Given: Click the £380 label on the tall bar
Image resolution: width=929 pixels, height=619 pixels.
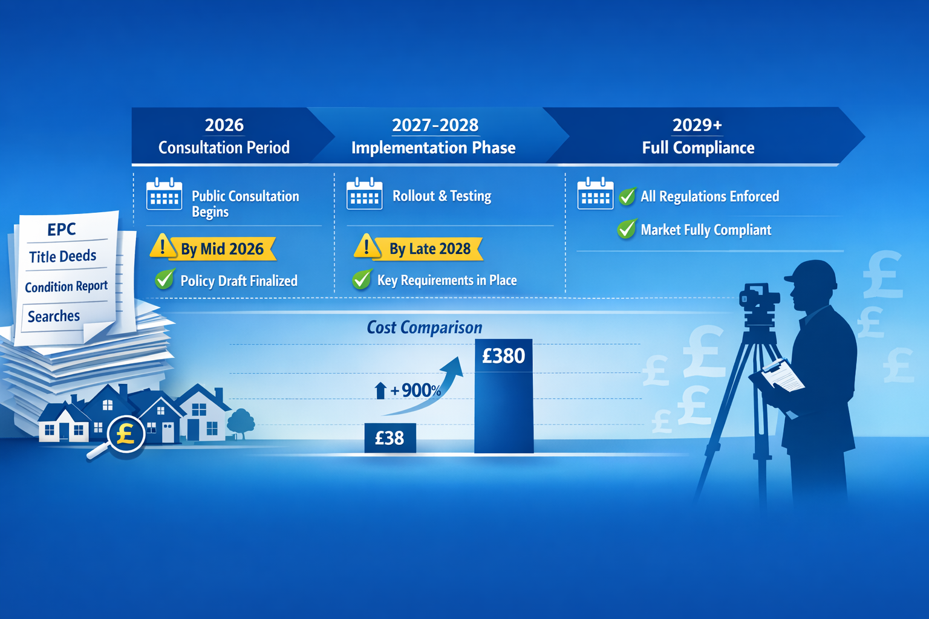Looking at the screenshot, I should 503,356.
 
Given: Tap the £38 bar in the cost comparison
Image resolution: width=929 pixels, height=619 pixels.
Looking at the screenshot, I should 390,438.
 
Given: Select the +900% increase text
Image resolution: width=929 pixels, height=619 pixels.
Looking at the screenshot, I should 415,391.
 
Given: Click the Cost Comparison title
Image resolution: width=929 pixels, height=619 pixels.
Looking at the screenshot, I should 424,328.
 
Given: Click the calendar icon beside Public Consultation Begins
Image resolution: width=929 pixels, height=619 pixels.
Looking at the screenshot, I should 164,194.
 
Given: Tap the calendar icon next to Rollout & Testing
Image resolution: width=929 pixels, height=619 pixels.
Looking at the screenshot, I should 364,194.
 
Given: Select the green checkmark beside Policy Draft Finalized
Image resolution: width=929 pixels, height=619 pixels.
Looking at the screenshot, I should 165,279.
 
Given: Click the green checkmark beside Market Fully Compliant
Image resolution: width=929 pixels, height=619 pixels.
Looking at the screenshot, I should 627,229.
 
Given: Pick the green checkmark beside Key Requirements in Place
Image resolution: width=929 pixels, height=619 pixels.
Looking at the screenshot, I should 362,279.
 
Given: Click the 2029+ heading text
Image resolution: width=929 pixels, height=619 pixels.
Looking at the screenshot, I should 697,125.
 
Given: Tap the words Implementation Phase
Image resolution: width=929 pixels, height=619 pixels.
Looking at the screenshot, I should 433,148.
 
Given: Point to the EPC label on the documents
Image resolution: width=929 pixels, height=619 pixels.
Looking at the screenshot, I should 62,229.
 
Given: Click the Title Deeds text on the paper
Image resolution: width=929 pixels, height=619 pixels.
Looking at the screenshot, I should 63,256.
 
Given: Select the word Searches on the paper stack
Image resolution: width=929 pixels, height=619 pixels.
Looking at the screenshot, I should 54,316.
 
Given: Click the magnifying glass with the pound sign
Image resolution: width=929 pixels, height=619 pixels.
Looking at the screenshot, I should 125,433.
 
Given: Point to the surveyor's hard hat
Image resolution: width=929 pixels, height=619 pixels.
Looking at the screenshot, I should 813,273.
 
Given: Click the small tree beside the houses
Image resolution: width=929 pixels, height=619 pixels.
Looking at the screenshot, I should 241,421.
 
